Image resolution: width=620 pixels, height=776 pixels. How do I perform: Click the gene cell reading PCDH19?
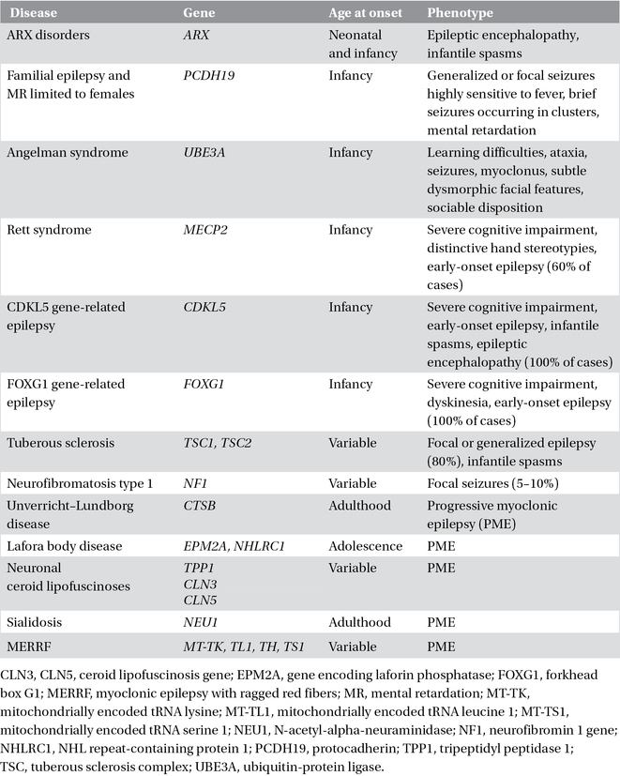click(x=211, y=74)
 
